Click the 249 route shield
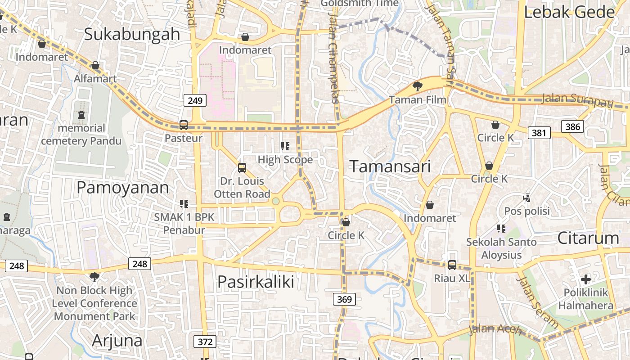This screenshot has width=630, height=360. (195, 100)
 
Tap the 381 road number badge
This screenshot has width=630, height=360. (539, 132)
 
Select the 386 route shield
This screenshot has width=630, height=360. (572, 126)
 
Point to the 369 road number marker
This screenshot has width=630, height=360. (345, 299)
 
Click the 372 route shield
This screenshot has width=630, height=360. (205, 342)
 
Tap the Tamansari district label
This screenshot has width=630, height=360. (390, 166)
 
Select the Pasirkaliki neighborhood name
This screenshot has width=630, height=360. (256, 282)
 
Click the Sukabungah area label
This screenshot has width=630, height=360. (132, 34)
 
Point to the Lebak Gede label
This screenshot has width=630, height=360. (569, 12)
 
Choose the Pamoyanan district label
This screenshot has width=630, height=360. (122, 188)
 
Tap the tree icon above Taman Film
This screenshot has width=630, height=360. (418, 86)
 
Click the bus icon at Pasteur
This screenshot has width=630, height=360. (183, 125)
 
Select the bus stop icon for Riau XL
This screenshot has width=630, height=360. (452, 265)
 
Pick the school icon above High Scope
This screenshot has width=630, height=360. (285, 146)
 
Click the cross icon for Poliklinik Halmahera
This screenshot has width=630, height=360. (585, 279)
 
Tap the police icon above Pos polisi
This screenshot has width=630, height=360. (526, 198)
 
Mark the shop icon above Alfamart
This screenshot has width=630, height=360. (95, 66)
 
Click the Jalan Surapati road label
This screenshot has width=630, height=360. (577, 100)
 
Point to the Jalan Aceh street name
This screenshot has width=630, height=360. (495, 330)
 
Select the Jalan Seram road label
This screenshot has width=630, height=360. (538, 303)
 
